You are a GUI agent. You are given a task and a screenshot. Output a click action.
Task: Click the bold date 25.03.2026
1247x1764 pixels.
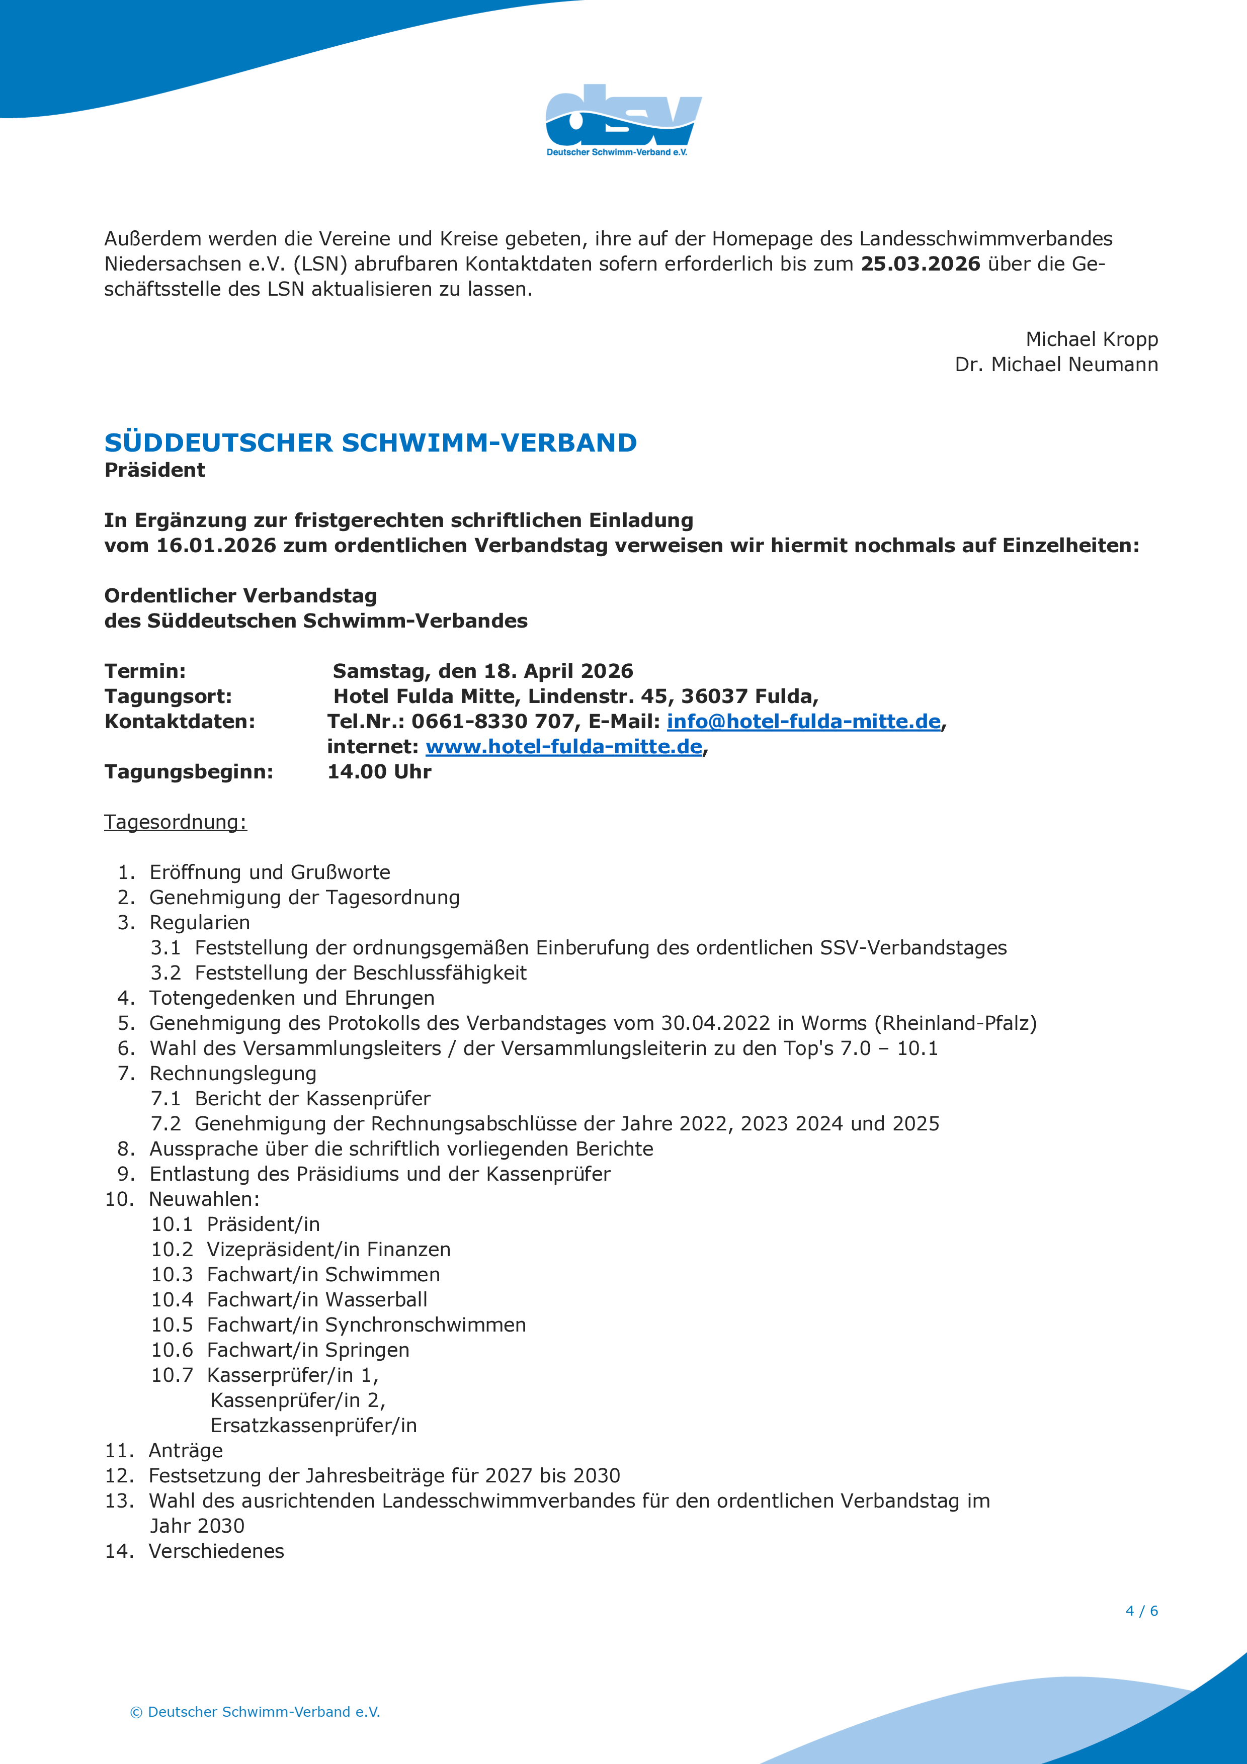click(x=920, y=264)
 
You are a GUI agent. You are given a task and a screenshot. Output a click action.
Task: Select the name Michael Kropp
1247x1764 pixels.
click(x=1091, y=339)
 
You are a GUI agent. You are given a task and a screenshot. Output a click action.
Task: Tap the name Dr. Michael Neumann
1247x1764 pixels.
click(x=1056, y=365)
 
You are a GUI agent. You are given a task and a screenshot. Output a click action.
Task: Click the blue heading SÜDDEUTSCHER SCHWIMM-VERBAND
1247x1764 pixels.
click(x=370, y=444)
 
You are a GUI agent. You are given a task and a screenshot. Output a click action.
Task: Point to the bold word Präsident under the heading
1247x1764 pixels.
click(x=154, y=470)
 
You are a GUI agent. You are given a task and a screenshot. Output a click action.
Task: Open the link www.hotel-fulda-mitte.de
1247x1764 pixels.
click(x=563, y=747)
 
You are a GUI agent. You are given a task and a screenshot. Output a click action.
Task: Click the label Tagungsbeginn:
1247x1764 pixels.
click(x=188, y=772)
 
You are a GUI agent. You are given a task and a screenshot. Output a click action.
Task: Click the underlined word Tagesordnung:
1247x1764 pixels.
click(x=175, y=822)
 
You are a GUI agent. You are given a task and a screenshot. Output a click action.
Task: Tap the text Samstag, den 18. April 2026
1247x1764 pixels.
click(x=482, y=671)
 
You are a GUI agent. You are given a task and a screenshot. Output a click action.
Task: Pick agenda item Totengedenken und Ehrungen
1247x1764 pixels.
click(x=292, y=998)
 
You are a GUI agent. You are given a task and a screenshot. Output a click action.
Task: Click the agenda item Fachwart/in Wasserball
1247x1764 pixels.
click(x=316, y=1300)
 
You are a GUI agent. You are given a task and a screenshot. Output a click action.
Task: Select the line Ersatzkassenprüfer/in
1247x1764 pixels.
click(x=313, y=1426)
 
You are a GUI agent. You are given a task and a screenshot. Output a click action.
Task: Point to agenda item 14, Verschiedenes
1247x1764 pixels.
click(x=216, y=1551)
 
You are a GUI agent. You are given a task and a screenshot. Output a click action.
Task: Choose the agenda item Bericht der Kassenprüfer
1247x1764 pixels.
click(x=312, y=1099)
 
